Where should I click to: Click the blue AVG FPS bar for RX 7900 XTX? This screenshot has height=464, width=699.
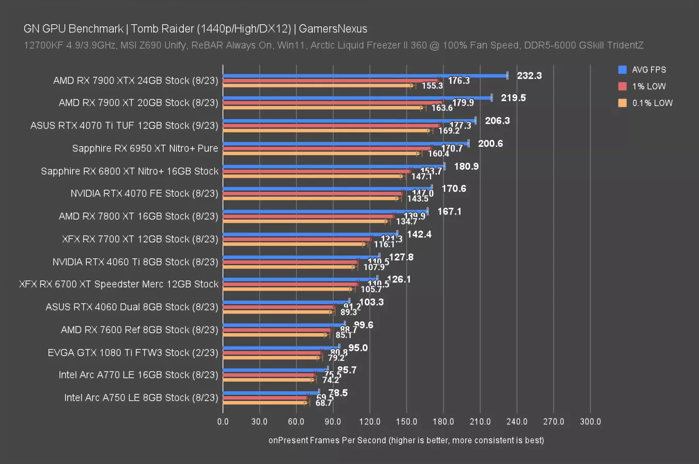coord(364,76)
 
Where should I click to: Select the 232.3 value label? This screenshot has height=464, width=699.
coord(529,76)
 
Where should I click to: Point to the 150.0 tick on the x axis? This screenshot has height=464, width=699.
coord(406,421)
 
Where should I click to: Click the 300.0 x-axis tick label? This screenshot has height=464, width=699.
coord(590,421)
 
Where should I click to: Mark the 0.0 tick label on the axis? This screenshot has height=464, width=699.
coord(223,421)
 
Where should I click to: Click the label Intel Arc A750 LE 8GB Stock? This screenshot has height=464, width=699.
coord(141,397)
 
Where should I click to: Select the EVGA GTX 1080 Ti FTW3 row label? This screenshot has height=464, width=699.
coord(133,353)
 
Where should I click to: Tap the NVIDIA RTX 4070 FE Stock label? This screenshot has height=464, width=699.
coord(144,193)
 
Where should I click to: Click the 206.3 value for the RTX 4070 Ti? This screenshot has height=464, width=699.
coord(497,121)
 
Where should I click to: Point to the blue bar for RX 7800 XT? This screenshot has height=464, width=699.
coord(325,211)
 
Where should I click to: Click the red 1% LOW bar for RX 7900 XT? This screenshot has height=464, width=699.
coord(332,103)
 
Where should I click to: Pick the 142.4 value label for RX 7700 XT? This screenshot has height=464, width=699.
coord(419,235)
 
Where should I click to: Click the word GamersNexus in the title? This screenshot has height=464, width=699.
coord(333,29)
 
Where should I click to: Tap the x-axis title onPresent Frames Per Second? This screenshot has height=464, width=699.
coord(406,440)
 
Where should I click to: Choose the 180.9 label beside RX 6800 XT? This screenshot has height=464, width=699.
coord(466,167)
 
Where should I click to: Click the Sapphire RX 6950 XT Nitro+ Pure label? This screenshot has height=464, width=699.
coord(145,148)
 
